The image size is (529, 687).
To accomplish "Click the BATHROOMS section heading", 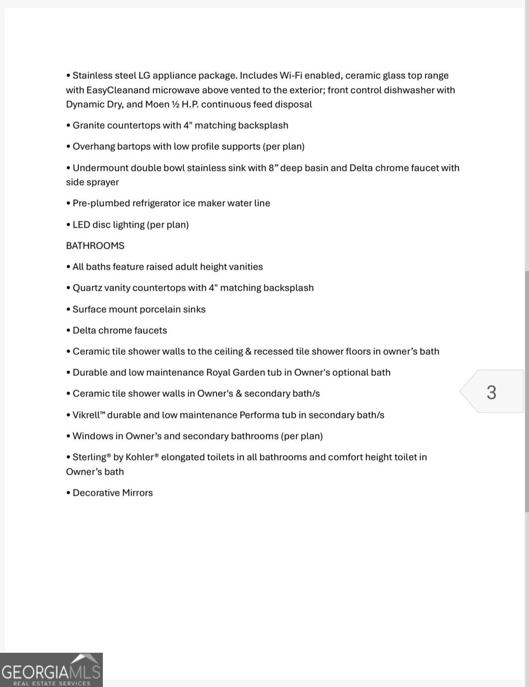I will coord(95,246).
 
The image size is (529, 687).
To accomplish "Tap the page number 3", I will coord(491,392).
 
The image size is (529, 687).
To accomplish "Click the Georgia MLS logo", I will coord(51,670).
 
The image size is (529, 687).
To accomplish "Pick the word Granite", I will coord(90,125).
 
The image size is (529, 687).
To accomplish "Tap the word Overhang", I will coord(94,147).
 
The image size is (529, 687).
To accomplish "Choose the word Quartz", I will coord(87,288).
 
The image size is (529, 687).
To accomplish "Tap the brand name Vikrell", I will coord(88,415).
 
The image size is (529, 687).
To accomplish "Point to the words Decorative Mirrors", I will coord(113,493).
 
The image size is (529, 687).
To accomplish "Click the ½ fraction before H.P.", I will coord(176,104).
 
